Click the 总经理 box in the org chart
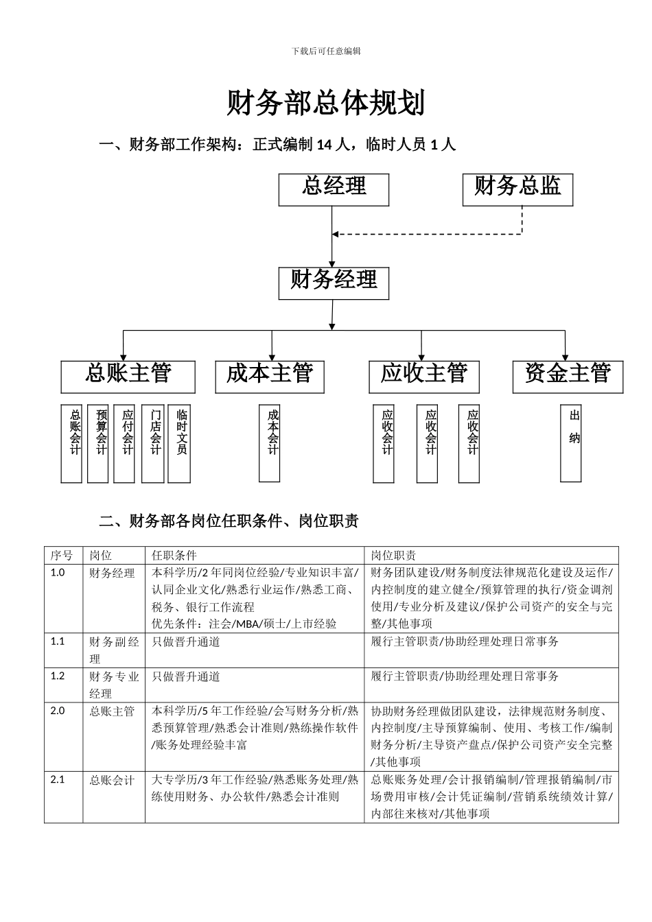334,189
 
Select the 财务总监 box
518,189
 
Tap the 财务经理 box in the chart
334,283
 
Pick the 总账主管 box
128,377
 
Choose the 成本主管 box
270,377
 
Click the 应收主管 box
424,377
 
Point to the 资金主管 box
568,377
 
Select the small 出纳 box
571,443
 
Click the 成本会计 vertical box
270,443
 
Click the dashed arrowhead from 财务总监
337,235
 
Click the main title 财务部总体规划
326,104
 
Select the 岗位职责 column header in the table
394,555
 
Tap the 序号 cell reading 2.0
58,711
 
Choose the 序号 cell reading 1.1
58,641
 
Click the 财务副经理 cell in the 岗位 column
114,650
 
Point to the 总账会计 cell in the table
113,781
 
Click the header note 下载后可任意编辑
326,51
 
